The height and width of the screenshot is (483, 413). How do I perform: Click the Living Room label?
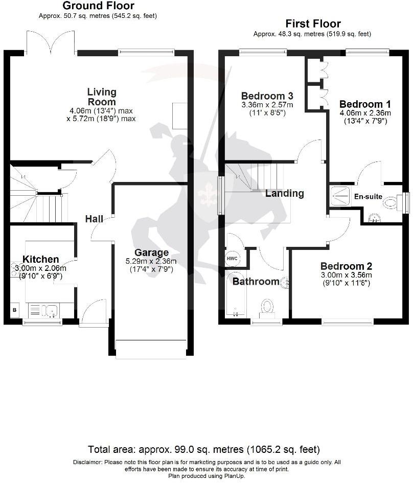click(102, 97)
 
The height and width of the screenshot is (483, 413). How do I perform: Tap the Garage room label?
click(151, 252)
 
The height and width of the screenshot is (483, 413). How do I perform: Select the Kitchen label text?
click(40, 260)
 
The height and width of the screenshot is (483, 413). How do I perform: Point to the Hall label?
click(94, 219)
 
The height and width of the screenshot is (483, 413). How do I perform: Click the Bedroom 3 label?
click(267, 96)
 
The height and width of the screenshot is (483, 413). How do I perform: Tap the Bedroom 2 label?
click(346, 266)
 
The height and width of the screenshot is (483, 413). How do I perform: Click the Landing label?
click(284, 193)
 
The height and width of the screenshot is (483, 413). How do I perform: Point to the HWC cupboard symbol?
click(232, 258)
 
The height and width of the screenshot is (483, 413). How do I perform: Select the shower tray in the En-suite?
click(339, 194)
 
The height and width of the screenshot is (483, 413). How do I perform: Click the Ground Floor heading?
click(98, 6)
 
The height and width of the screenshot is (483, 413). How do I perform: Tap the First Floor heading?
click(313, 24)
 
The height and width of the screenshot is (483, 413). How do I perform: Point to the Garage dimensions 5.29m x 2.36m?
click(151, 262)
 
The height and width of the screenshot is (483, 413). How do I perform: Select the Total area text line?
click(204, 450)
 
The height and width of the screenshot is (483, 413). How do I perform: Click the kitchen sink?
click(50, 310)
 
